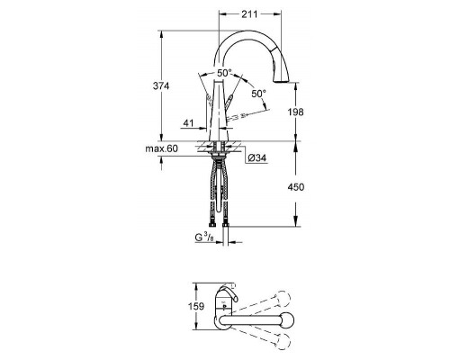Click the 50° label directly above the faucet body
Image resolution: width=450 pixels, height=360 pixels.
[223, 73]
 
